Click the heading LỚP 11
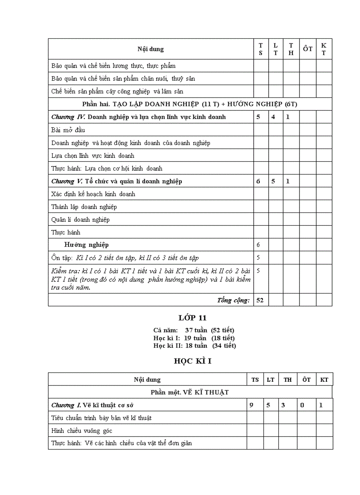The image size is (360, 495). coord(192,317)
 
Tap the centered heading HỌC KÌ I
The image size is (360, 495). coord(192,361)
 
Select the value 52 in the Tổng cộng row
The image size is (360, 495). coord(260,300)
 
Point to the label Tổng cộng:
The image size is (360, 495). coord(233,300)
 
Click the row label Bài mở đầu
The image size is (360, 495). coord(68,130)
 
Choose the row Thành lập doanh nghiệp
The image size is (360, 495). coord(84,207)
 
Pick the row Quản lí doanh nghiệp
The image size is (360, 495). coord(80,220)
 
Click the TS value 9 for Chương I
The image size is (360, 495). coord(251,405)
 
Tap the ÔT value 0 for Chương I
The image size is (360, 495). coord(302,405)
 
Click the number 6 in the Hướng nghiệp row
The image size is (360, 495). coord(258,245)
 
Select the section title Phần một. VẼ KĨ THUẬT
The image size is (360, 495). coord(190,392)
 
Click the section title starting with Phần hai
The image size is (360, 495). coord(190,104)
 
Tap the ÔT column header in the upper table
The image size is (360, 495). coord(307,49)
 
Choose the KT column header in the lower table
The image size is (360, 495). coord(324,380)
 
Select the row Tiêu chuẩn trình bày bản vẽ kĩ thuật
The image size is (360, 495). coord(101,418)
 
